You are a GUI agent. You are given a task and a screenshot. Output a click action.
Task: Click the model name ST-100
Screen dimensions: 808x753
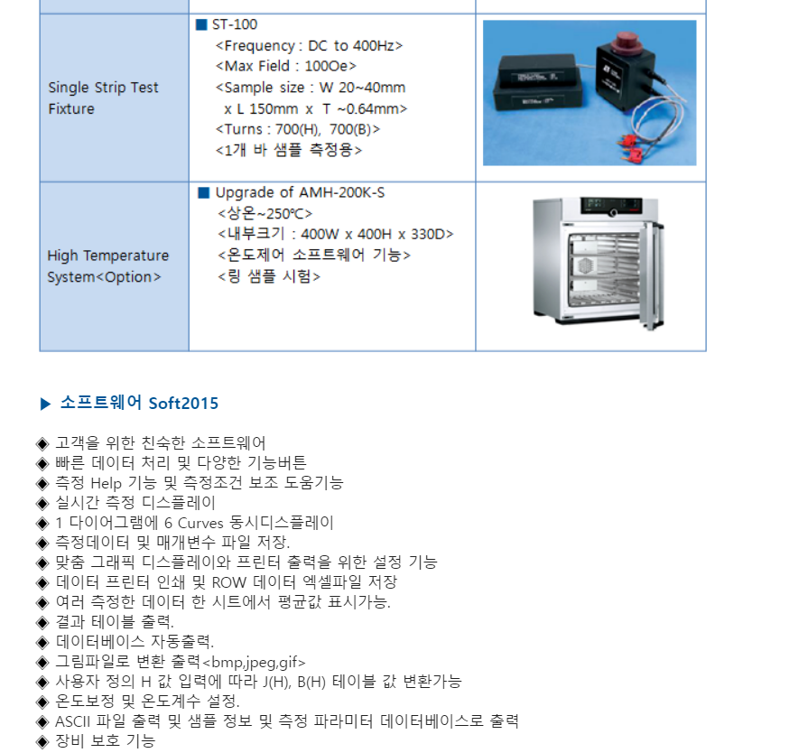click(235, 24)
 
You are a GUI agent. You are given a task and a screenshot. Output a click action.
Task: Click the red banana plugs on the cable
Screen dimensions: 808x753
click(631, 147)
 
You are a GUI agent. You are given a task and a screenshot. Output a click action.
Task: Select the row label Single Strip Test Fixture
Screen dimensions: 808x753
click(103, 98)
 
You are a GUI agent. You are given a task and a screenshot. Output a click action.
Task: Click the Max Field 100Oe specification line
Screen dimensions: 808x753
click(286, 67)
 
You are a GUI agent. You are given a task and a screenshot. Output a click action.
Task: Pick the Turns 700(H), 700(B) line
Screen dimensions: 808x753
click(298, 129)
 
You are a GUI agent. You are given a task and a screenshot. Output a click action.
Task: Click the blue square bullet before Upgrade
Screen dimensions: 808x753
click(204, 192)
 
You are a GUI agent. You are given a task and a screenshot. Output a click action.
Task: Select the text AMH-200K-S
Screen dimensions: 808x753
click(341, 192)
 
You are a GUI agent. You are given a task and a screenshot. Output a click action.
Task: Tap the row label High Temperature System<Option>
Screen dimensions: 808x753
click(107, 266)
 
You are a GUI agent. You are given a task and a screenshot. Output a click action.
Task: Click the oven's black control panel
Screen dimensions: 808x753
click(612, 205)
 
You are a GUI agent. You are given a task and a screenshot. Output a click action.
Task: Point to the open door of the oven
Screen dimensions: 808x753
click(651, 275)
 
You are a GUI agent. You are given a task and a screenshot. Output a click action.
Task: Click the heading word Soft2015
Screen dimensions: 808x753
click(183, 403)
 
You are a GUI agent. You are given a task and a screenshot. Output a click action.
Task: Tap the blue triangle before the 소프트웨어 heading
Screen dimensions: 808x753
click(45, 404)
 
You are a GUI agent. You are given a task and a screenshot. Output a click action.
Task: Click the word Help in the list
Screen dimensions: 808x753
click(107, 483)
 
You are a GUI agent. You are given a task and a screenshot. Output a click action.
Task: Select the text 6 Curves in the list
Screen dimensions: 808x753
click(194, 523)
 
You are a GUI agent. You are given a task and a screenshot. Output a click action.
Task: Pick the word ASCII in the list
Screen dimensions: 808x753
click(72, 721)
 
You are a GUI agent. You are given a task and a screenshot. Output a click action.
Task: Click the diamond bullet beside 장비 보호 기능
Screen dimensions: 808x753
click(42, 742)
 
